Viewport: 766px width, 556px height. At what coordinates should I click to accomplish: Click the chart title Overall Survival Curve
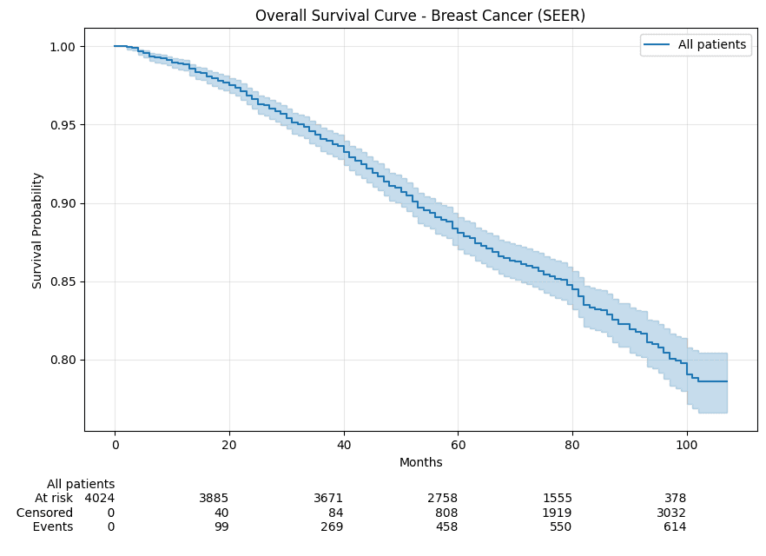(x=419, y=16)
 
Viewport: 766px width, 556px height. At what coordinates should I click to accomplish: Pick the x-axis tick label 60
(x=458, y=445)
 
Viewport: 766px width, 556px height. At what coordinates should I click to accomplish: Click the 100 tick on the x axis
(x=686, y=445)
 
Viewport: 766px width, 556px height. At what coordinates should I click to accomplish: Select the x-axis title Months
(x=420, y=462)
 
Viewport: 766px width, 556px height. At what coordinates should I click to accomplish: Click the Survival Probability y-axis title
(x=37, y=230)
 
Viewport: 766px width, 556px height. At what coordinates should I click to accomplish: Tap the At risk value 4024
(x=99, y=499)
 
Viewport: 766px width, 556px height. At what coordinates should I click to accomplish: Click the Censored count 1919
(x=557, y=513)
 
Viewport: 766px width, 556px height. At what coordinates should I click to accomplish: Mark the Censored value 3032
(x=670, y=513)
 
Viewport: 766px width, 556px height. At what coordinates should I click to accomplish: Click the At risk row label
(x=54, y=499)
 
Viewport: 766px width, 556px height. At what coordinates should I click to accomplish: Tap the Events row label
(x=53, y=527)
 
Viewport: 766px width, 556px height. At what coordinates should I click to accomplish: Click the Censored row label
(x=45, y=513)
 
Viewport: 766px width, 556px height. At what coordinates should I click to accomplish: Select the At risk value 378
(x=675, y=499)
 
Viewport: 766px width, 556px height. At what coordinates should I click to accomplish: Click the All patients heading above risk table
(x=81, y=484)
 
